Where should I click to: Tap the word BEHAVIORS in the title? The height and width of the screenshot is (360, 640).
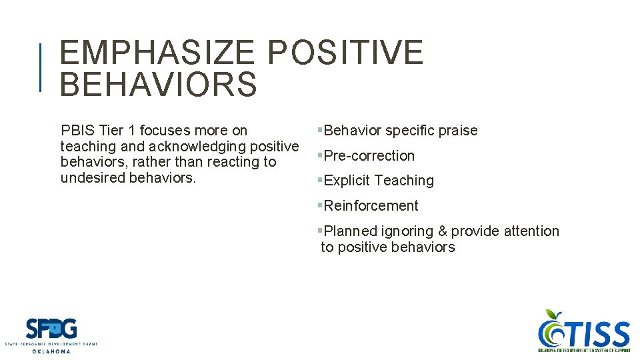(x=158, y=85)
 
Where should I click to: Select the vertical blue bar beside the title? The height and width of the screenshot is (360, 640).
(x=41, y=67)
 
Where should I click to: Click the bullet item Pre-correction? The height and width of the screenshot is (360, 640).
(x=369, y=156)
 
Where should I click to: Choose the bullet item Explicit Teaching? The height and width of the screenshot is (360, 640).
(x=378, y=181)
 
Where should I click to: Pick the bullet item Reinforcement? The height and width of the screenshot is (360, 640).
(x=371, y=206)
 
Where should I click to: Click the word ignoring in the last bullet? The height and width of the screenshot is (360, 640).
(x=407, y=231)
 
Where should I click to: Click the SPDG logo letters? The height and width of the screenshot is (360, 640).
(x=51, y=329)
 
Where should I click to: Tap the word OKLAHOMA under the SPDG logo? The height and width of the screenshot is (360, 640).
(x=51, y=351)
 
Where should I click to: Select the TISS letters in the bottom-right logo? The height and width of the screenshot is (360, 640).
(x=597, y=333)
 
